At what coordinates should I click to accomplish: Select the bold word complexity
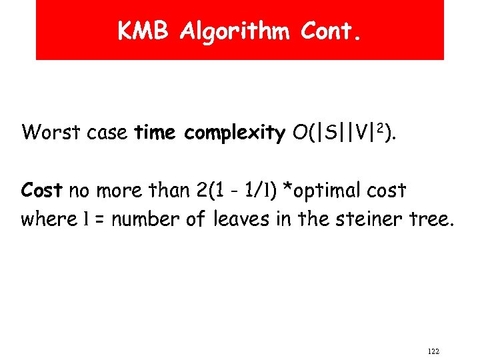(x=234, y=133)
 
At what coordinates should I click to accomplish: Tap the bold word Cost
(x=41, y=191)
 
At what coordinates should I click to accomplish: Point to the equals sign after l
(x=99, y=219)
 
